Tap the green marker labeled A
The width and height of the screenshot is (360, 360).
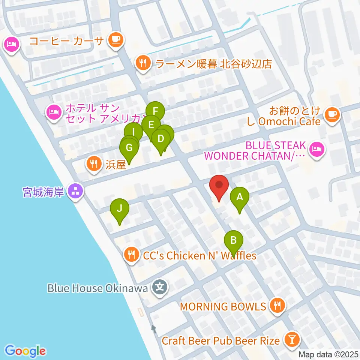point(240,197)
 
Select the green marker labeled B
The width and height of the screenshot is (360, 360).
point(234,240)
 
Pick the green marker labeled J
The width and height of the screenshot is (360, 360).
point(119,208)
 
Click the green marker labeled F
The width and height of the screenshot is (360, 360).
point(155,111)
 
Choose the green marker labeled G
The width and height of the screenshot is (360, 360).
point(129,148)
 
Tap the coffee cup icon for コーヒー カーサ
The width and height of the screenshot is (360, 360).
point(115,40)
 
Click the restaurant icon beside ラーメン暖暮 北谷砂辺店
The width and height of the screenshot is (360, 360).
point(143,62)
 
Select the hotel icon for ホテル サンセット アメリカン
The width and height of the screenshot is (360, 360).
point(54,112)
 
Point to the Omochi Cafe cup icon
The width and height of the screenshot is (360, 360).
point(331,114)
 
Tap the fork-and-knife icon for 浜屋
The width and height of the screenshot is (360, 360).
point(93,163)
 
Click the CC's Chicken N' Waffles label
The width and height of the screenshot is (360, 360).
point(199,256)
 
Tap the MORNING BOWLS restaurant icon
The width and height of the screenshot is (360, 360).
point(277,306)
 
